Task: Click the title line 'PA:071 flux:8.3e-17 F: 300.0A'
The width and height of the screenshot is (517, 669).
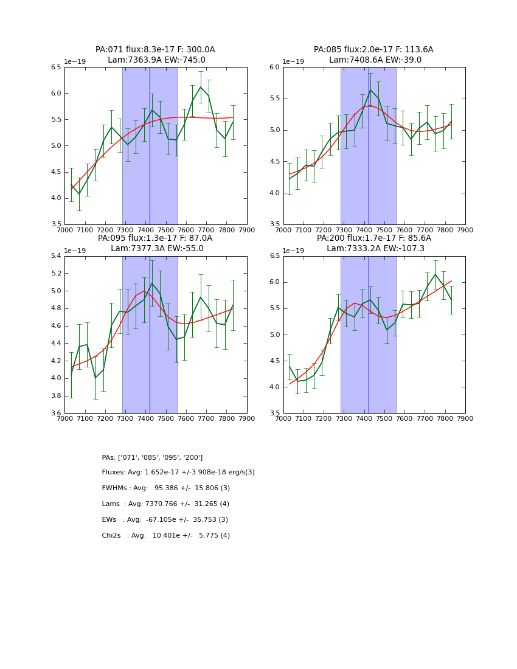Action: click(x=155, y=50)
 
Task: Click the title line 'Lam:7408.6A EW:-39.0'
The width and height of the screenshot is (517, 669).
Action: click(x=375, y=60)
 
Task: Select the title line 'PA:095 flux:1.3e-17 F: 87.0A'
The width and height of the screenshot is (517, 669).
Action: click(x=155, y=238)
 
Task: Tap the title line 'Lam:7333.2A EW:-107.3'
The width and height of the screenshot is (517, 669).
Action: click(x=375, y=249)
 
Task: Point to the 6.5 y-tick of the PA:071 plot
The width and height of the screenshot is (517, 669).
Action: click(x=55, y=68)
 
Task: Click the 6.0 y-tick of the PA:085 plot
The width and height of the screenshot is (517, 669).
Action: click(x=274, y=68)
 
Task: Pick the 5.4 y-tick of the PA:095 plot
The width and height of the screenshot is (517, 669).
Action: click(x=55, y=256)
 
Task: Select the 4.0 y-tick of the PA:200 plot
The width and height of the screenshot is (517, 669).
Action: click(x=274, y=387)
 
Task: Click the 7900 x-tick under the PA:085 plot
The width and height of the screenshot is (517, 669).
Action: click(x=465, y=231)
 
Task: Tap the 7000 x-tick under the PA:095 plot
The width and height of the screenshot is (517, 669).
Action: click(x=64, y=419)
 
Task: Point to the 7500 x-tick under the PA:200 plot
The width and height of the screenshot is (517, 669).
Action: click(x=384, y=419)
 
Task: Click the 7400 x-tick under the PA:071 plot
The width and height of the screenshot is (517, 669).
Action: click(x=145, y=231)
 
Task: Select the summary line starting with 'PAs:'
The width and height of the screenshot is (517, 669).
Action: click(x=152, y=458)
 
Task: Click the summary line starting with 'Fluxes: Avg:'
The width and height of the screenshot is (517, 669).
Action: click(x=178, y=473)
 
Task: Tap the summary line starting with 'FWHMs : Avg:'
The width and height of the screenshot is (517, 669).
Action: click(x=165, y=488)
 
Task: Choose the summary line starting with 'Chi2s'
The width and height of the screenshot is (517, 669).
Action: click(x=165, y=536)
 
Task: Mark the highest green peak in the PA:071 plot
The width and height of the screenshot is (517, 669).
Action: click(x=201, y=87)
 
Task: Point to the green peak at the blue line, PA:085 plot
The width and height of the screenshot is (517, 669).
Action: click(x=370, y=90)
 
